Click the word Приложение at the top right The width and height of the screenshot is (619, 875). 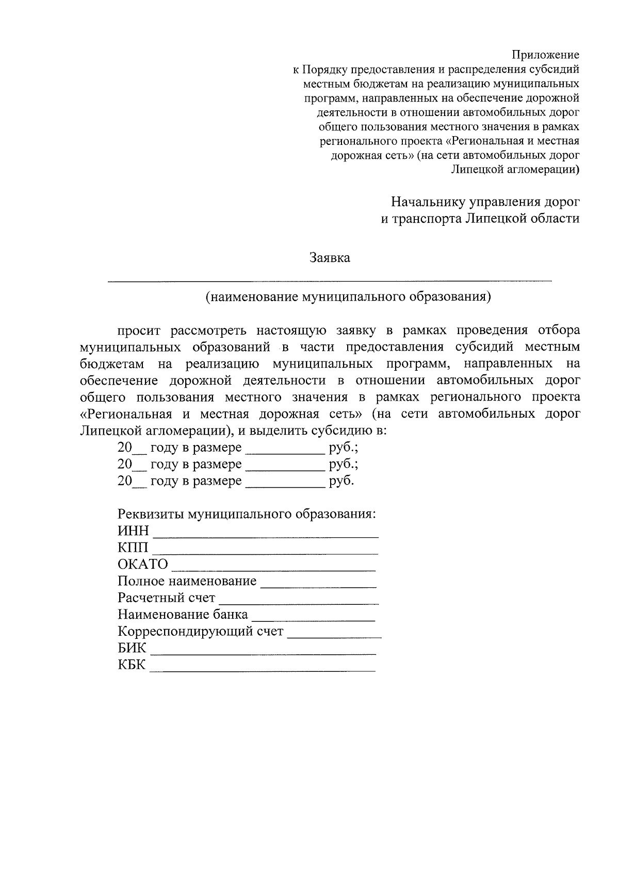pos(545,55)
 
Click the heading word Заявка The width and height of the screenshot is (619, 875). pos(330,258)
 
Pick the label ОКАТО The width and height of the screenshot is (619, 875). pos(143,564)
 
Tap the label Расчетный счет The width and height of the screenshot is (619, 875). pos(166,598)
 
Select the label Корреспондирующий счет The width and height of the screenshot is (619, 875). pos(201,631)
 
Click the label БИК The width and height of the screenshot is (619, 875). pos(132,648)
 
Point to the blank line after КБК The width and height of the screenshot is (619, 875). pos(263,669)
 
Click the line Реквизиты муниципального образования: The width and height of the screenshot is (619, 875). pos(247,514)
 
